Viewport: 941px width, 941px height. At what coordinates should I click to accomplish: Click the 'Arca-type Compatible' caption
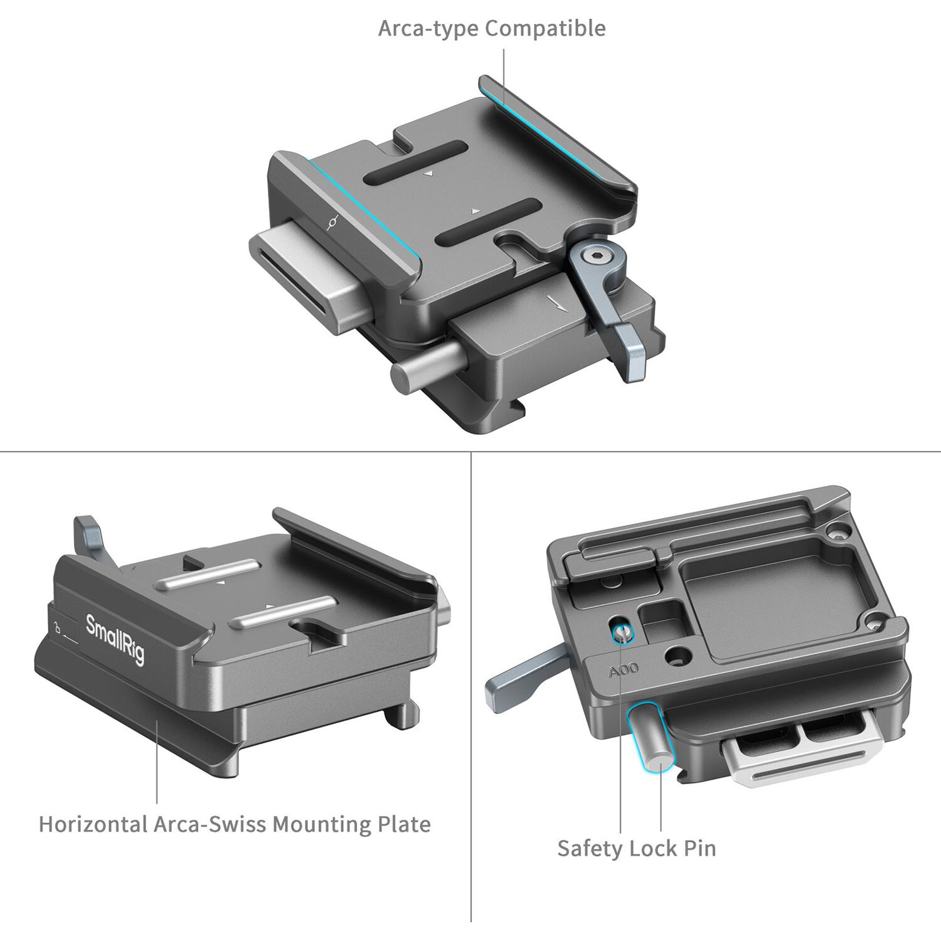coord(491,29)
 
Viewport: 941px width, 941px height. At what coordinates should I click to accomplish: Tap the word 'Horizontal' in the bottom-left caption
coord(92,824)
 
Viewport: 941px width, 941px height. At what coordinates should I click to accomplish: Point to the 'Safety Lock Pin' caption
coord(636,848)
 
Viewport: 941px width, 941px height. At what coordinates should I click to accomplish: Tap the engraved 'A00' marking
coord(623,670)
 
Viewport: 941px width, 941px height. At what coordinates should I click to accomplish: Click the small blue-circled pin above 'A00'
coord(622,634)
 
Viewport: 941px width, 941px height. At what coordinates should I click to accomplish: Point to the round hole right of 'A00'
coord(678,657)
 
